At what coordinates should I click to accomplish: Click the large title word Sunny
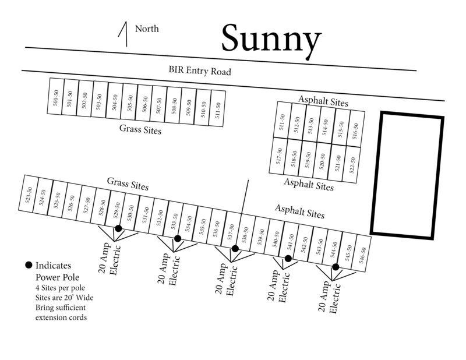click(x=271, y=40)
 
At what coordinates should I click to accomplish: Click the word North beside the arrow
click(x=147, y=29)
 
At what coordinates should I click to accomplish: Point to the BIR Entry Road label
click(x=200, y=70)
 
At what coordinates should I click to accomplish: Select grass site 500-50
click(x=55, y=97)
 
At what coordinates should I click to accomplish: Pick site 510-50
click(x=203, y=109)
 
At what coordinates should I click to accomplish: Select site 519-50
click(x=308, y=160)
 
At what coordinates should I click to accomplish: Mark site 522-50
click(x=352, y=165)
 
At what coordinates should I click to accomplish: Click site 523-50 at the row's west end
click(x=28, y=195)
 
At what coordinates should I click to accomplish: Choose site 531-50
click(x=144, y=214)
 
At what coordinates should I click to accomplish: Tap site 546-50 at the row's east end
click(x=362, y=253)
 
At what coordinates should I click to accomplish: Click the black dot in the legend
click(x=29, y=265)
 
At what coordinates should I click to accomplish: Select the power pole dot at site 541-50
click(x=288, y=258)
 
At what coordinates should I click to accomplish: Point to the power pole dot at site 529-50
click(x=118, y=228)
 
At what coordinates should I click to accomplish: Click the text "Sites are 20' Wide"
click(x=65, y=297)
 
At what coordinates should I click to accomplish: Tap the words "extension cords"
click(x=61, y=317)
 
